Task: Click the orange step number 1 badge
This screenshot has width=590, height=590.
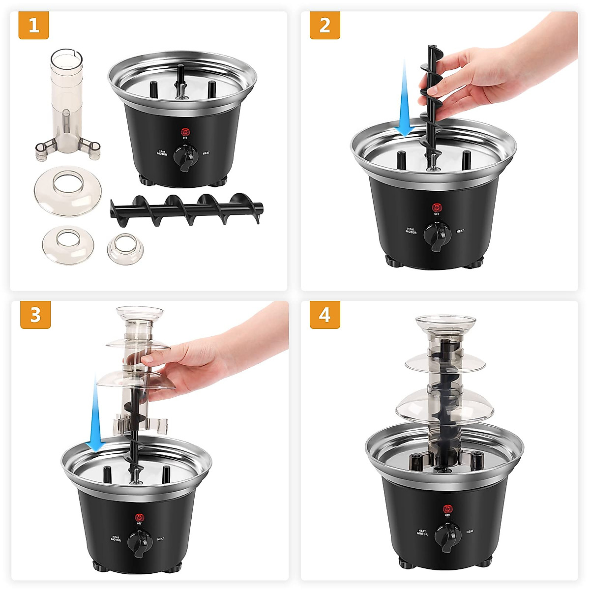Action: click(x=33, y=25)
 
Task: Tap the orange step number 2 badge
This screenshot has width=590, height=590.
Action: click(x=324, y=25)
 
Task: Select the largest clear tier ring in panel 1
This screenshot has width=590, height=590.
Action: click(x=67, y=193)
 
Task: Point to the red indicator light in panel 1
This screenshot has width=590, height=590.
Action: click(x=185, y=132)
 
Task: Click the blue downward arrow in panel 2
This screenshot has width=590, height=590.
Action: click(x=404, y=98)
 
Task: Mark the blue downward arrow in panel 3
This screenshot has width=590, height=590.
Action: click(x=96, y=413)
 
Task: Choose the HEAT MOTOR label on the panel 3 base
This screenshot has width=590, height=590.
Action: click(x=116, y=539)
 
